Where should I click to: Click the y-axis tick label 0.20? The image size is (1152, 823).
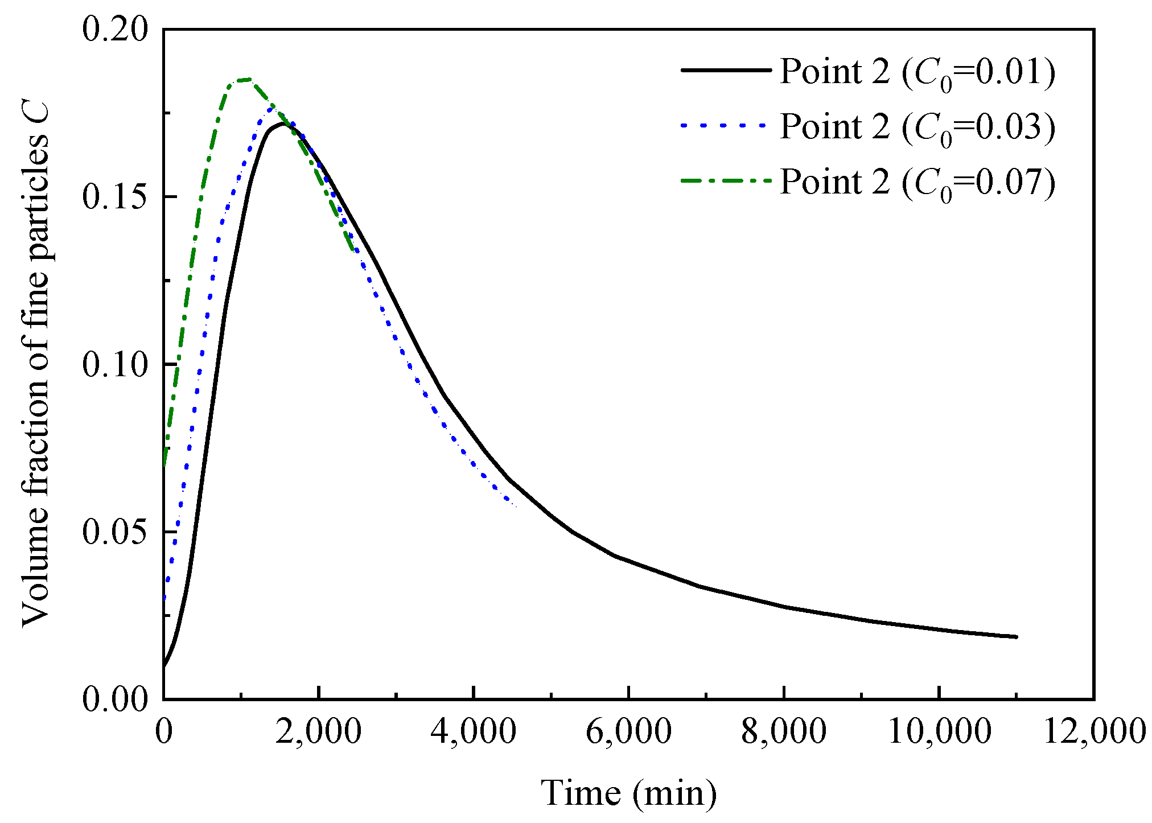[x=115, y=28]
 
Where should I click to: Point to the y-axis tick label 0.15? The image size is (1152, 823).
[x=115, y=197]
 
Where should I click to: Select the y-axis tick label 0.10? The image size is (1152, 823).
[x=115, y=364]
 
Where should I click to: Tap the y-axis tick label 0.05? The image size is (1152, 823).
[x=115, y=532]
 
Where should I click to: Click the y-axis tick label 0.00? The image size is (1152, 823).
[x=115, y=699]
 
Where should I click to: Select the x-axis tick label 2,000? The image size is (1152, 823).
[x=319, y=731]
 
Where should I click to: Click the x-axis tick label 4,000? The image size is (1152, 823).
[x=474, y=731]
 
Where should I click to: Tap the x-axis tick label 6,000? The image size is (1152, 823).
[x=628, y=731]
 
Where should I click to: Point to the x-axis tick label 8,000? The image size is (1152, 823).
[x=784, y=731]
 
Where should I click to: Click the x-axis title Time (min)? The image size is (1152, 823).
[x=628, y=793]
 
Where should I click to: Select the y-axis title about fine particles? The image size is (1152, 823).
[x=35, y=364]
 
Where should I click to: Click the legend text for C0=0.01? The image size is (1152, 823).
[x=918, y=73]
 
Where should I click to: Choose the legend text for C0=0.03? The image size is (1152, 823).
[x=918, y=127]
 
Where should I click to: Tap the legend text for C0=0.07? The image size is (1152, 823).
[x=918, y=183]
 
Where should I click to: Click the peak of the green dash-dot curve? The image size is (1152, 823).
[x=246, y=79]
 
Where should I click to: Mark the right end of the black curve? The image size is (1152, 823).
[x=1017, y=637]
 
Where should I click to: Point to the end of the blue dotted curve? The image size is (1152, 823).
[x=516, y=506]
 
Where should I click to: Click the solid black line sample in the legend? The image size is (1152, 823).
[x=725, y=70]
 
